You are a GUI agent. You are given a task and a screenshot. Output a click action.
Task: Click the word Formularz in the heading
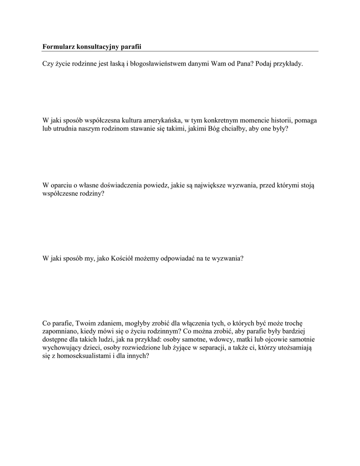(58, 46)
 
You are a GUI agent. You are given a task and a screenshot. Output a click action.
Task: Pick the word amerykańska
(160, 121)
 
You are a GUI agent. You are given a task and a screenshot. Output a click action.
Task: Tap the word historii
(279, 121)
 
